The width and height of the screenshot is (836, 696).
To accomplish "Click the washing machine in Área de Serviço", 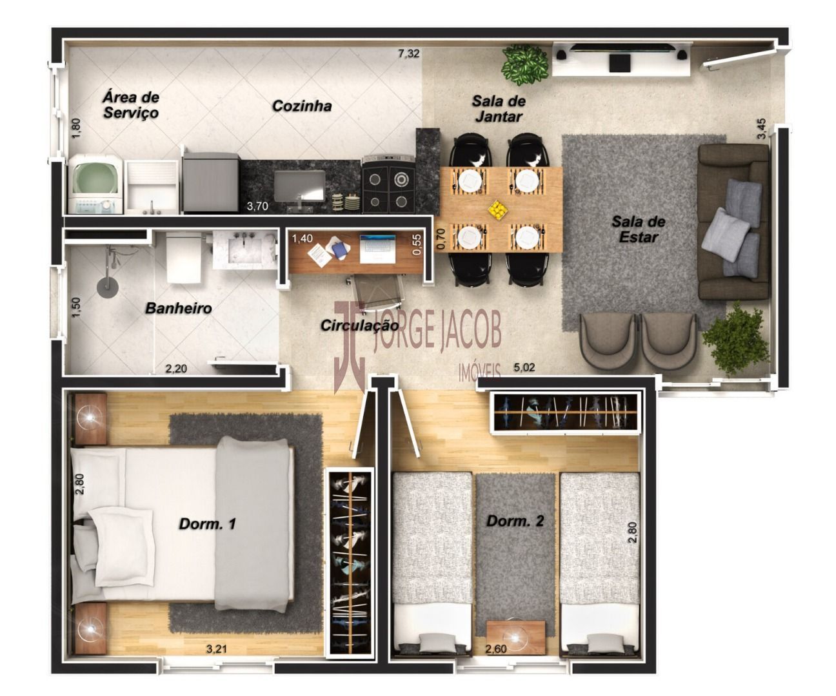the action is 95,185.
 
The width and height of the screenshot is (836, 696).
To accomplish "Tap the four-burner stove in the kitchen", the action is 388,185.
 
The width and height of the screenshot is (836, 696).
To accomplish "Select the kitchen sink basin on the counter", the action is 299,186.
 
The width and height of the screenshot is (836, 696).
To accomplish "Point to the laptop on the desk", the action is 377,249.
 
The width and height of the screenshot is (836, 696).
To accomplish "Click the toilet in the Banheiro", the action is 184,258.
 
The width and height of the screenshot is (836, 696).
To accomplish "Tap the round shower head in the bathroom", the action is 108,285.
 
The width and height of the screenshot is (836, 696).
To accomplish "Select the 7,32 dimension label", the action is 408,53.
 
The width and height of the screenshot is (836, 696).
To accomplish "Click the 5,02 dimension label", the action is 524,367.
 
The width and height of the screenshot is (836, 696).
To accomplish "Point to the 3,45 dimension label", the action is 761,128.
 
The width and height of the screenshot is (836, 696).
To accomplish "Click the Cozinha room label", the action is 302,106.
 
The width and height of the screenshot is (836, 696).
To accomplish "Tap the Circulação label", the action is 359,325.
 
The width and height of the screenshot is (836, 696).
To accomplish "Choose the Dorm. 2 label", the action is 515,521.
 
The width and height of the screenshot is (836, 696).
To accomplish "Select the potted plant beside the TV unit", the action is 525,64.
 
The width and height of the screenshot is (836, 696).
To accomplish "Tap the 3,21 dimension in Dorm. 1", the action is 216,649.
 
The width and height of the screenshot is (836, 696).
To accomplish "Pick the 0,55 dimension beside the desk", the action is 417,244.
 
